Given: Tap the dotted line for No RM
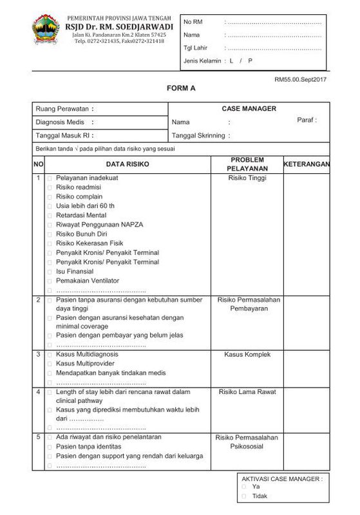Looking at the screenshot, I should pos(273,23).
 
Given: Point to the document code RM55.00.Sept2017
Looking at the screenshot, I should pos(301,79).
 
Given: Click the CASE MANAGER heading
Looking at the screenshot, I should pos(249,109).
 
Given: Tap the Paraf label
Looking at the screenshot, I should pos(307,120).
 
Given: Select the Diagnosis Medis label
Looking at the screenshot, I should pos(64,122).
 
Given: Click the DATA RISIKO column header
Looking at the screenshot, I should pos(127,164).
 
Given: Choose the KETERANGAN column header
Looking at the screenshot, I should pos(307,164).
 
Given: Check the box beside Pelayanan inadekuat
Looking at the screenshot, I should pos(50,178).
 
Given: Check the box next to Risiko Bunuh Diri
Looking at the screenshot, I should pos(50,234).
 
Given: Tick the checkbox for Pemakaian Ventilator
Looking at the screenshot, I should pos(50,281).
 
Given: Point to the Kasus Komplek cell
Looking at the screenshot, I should pos(247,354).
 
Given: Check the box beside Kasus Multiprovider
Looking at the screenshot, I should pos(50,364).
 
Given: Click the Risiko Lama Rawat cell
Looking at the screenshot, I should pos(247,391).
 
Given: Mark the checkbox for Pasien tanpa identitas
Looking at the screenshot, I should pos(50,446).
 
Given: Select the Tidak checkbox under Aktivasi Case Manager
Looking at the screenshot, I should pos(243,496).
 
